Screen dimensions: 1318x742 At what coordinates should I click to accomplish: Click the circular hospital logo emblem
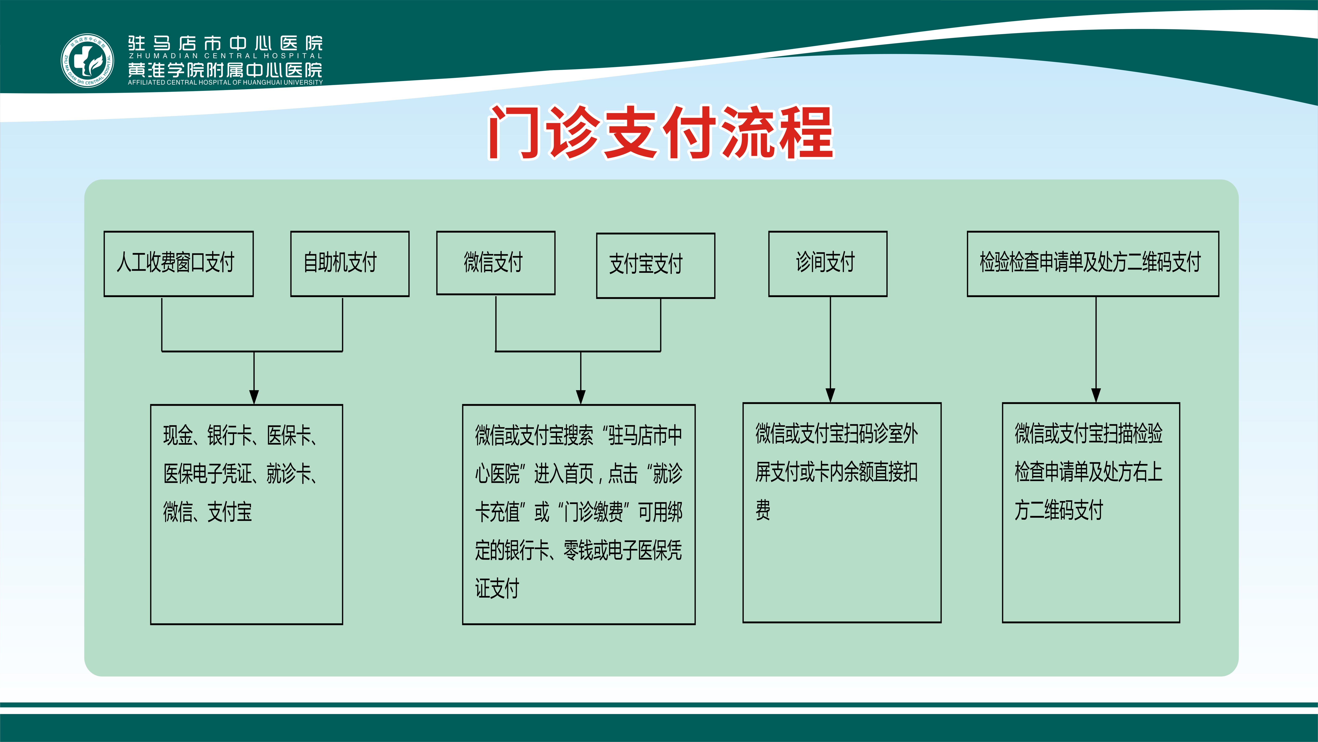(x=87, y=61)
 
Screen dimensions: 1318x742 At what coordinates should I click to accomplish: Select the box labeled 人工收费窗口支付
(x=179, y=264)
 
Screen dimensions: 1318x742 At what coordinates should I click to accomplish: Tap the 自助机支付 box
(x=350, y=264)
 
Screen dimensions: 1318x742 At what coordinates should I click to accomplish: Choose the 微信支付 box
(x=496, y=263)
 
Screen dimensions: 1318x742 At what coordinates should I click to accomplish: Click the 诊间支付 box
(x=828, y=264)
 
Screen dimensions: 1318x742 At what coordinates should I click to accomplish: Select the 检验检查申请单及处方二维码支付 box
(x=1093, y=264)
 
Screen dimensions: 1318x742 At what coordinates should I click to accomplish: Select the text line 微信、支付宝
(x=208, y=511)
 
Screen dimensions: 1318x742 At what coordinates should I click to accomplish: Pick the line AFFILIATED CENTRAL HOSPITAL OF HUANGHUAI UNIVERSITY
(x=225, y=82)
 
